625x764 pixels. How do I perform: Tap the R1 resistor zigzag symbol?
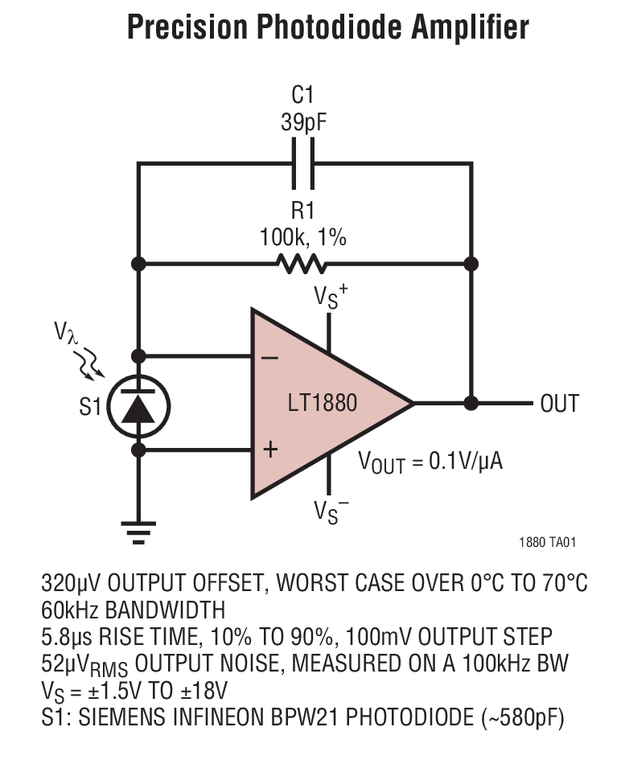pyautogui.click(x=302, y=263)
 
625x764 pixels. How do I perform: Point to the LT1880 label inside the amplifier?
pyautogui.click(x=322, y=402)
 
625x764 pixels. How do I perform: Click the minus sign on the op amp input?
pyautogui.click(x=270, y=356)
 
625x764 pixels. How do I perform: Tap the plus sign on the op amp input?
pyautogui.click(x=270, y=450)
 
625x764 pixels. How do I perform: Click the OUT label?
pyautogui.click(x=559, y=403)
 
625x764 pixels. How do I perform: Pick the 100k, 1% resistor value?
pyautogui.click(x=302, y=237)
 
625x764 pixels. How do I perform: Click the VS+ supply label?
pyautogui.click(x=330, y=297)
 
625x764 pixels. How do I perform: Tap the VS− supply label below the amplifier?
pyautogui.click(x=331, y=511)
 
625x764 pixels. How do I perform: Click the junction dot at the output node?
pyautogui.click(x=471, y=402)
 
